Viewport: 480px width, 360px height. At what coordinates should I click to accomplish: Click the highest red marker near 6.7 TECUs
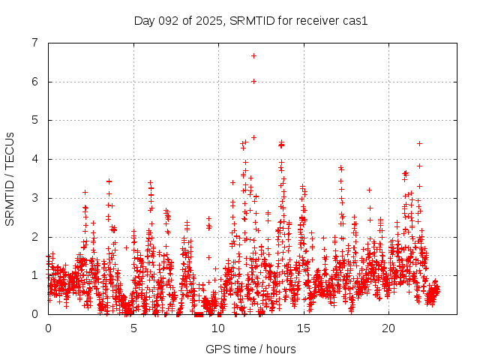pyautogui.click(x=253, y=55)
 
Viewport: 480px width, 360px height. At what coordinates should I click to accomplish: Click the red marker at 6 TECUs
pyautogui.click(x=253, y=81)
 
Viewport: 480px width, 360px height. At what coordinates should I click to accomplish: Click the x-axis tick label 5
pyautogui.click(x=133, y=328)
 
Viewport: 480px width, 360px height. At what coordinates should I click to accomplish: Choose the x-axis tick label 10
pyautogui.click(x=218, y=328)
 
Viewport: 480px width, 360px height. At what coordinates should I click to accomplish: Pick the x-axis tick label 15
pyautogui.click(x=304, y=328)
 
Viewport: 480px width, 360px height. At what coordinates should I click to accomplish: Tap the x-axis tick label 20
pyautogui.click(x=388, y=328)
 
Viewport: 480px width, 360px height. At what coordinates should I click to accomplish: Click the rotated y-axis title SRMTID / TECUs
pyautogui.click(x=10, y=178)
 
